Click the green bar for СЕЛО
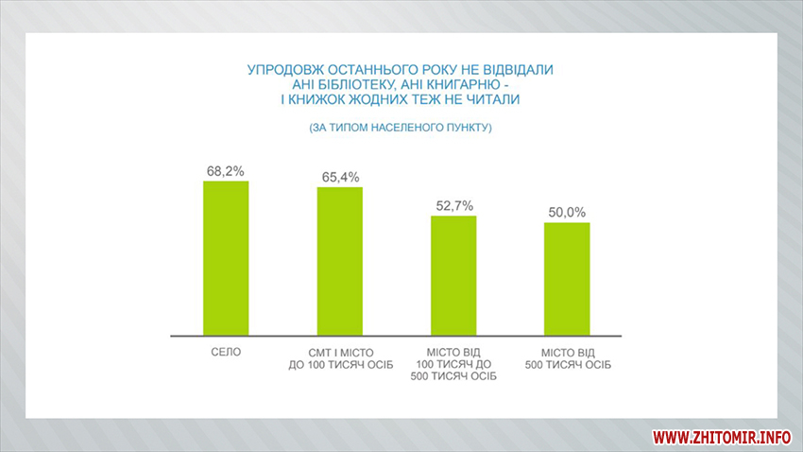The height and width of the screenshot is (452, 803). click(226, 257)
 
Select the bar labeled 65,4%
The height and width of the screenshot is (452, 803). click(340, 261)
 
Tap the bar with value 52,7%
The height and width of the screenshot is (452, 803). click(453, 275)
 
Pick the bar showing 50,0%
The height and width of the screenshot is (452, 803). click(567, 279)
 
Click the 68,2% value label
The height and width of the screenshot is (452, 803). click(226, 171)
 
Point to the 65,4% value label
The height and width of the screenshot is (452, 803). click(340, 177)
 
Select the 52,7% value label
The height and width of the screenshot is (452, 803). click(453, 205)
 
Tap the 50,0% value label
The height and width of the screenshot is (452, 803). click(568, 212)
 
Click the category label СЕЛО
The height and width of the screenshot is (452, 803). click(226, 352)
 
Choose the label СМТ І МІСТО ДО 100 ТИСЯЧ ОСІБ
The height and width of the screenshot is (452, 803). click(340, 358)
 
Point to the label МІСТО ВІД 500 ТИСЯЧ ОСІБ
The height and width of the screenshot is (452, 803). click(568, 358)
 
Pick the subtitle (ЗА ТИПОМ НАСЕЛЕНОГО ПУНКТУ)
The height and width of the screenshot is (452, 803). click(401, 127)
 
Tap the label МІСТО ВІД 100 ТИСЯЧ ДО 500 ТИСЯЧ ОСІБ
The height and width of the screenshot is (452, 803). click(454, 365)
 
